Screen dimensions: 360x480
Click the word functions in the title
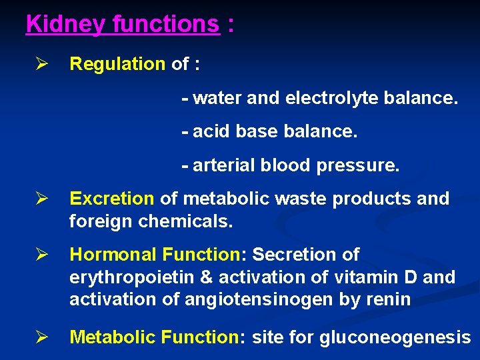point(165,25)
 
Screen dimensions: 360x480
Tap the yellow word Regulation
point(117,64)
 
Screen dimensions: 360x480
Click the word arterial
point(220,165)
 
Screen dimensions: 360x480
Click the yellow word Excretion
point(112,199)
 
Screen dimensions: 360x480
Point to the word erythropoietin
point(133,277)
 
